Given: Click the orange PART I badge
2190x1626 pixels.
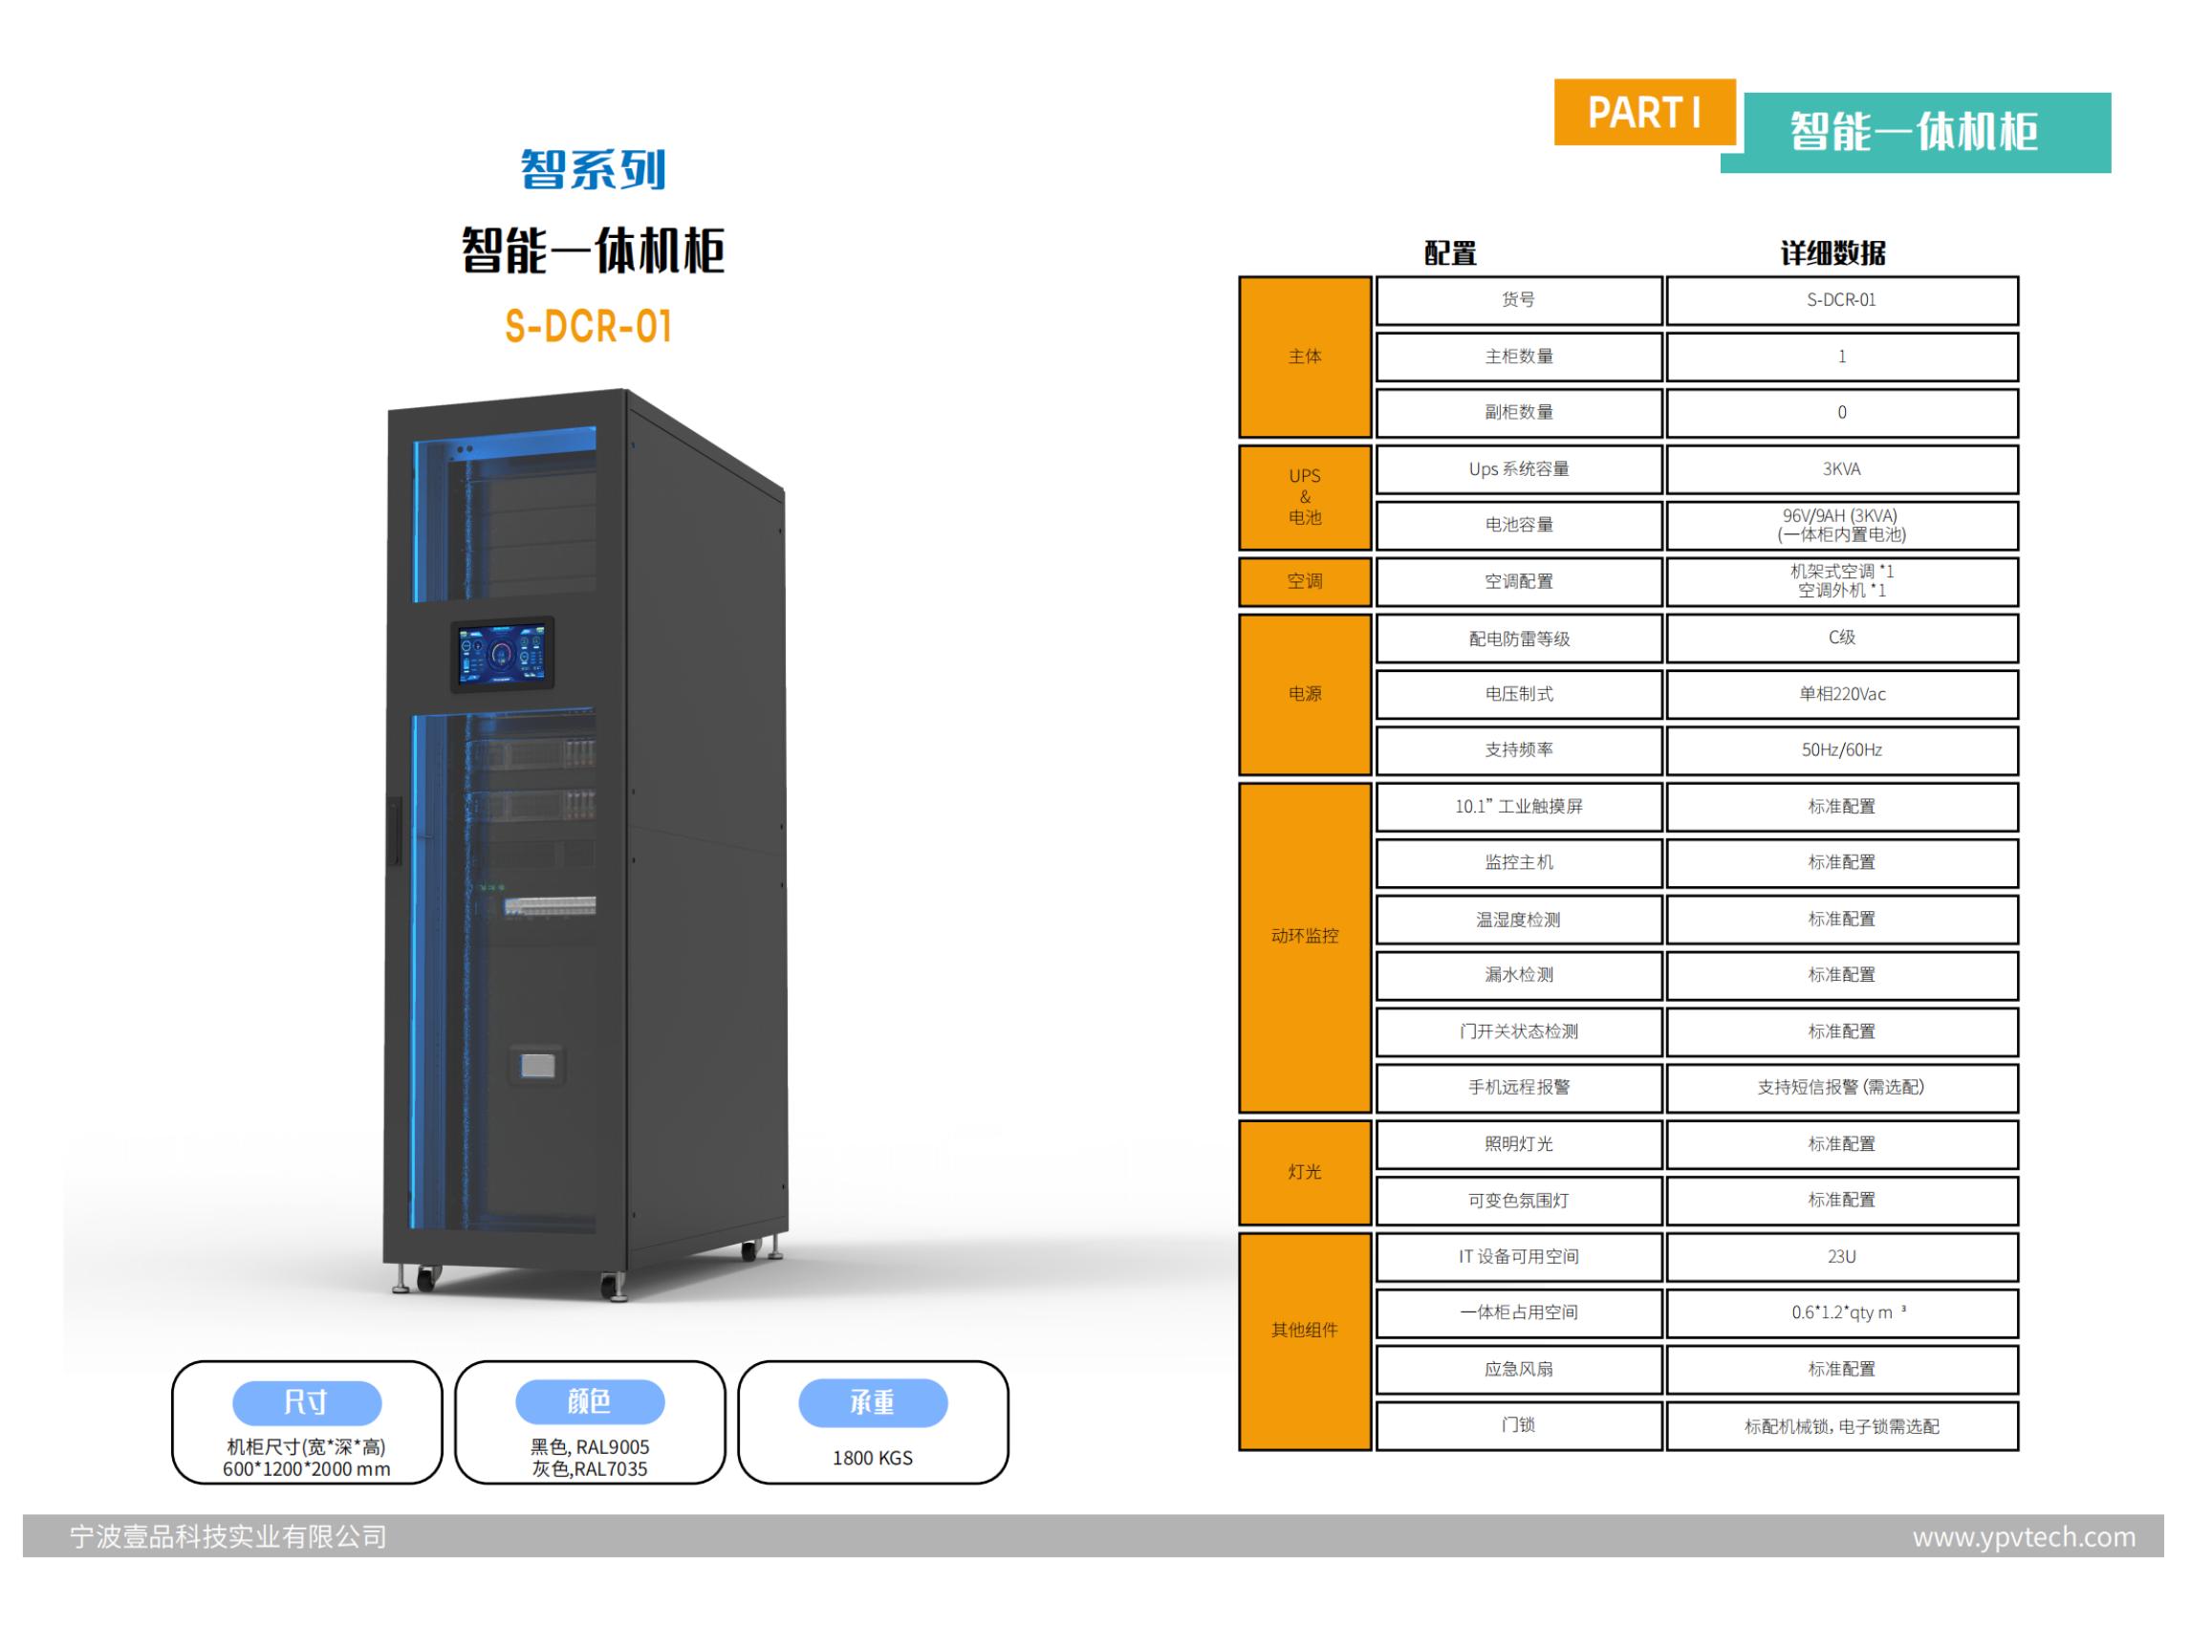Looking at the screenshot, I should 1644,112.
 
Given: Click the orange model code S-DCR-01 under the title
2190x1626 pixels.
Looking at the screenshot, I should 589,327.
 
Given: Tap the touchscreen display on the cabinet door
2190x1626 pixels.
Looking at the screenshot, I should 503,654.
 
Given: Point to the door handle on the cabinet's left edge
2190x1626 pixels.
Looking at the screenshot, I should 396,832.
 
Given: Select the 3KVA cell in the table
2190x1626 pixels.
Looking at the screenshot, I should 1840,469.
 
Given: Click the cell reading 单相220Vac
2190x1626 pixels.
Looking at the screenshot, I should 1840,694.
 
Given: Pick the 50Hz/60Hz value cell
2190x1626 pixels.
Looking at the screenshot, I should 1840,750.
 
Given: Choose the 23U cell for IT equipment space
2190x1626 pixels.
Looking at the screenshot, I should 1840,1257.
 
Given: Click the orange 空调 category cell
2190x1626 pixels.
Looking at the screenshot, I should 1304,582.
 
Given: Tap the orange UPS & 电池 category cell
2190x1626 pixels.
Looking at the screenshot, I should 1304,497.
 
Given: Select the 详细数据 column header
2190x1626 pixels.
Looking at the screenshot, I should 1832,254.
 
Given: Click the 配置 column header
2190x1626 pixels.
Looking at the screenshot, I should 1450,254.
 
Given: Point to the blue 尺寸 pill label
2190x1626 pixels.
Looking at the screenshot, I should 306,1401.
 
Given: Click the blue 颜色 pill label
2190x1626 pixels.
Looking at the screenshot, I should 590,1401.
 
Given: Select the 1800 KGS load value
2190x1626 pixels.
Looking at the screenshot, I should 872,1458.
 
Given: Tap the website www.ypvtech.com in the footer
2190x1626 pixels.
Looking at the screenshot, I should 2024,1536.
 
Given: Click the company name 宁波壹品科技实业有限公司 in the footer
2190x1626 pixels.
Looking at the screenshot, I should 228,1536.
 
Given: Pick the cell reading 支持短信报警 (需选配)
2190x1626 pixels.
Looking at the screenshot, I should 1840,1088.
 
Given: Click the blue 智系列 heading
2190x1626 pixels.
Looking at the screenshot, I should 593,169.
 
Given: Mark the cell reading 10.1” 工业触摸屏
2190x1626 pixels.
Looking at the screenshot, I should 1519,807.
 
